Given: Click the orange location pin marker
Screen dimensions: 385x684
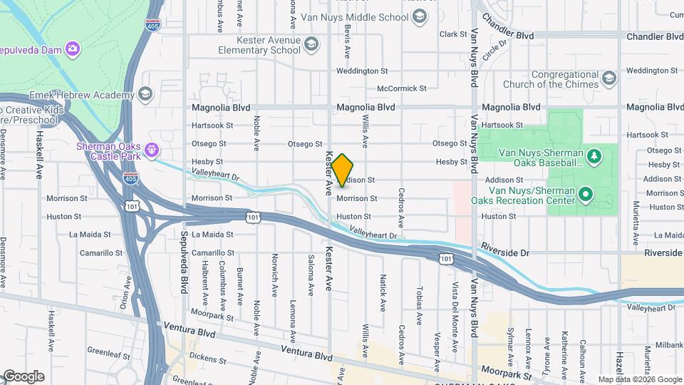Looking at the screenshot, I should coord(342,170).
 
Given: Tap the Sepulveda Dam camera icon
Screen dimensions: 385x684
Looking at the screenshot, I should coord(73,48).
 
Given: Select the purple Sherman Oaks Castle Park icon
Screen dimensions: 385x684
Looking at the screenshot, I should coord(151,150).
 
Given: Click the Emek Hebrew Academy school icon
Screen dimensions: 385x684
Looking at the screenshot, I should coord(145,94).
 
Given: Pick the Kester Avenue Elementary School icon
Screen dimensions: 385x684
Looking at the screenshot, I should coord(310,45).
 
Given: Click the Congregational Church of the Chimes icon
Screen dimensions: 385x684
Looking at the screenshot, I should coord(608,77).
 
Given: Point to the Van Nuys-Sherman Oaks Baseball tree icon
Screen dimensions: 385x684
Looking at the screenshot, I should coord(593,155).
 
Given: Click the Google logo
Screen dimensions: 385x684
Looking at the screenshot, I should coord(23,376).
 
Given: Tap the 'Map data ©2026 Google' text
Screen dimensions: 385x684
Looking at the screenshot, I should coord(639,379).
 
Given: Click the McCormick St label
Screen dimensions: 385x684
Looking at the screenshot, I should coord(402,89).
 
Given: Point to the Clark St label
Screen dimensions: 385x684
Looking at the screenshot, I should coord(452,34).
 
